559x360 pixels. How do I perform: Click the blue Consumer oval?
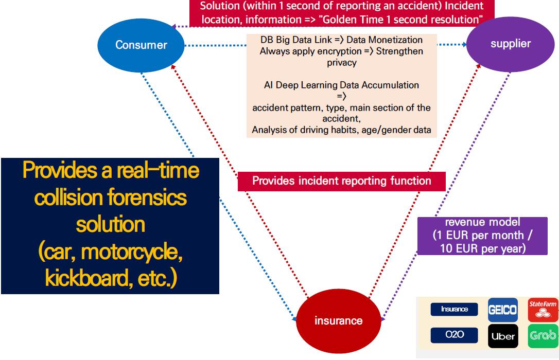[141, 45]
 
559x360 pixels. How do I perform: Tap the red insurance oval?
[338, 320]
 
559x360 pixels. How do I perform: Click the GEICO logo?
[502, 310]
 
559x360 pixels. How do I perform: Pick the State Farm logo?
[543, 310]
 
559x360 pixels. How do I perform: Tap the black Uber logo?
[502, 336]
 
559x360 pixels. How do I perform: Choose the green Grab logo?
[543, 336]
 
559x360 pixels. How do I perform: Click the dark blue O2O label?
[454, 335]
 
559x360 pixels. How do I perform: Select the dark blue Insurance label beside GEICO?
[454, 309]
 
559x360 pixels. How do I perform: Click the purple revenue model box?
[481, 236]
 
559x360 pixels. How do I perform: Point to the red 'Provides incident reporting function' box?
[341, 181]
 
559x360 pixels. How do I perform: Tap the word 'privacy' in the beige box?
[341, 63]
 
